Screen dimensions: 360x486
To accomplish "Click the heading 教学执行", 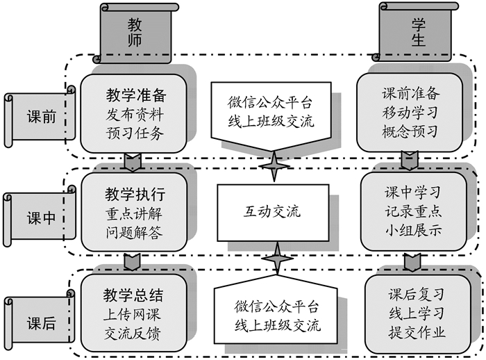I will click(135, 192).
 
